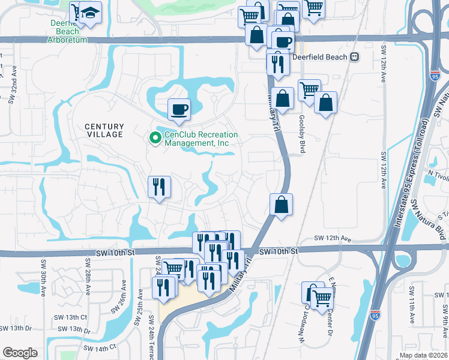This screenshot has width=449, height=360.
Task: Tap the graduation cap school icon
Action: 91,13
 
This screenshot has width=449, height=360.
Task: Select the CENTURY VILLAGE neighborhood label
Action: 104,130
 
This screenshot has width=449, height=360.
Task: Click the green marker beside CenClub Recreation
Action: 155,139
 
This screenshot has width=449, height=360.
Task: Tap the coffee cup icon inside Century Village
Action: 179,110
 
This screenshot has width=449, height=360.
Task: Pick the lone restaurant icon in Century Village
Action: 160,187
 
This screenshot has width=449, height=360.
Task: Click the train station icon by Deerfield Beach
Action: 355,57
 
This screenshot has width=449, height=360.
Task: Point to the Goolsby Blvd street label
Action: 302,134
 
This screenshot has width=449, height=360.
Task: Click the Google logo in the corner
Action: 20,352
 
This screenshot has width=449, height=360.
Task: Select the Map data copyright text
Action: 422,355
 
